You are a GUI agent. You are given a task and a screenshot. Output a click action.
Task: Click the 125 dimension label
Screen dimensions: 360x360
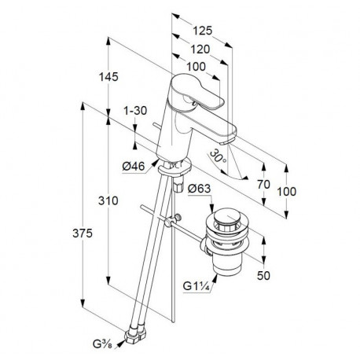point(202,31)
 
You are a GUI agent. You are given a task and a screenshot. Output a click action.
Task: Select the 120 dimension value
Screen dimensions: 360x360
point(200,50)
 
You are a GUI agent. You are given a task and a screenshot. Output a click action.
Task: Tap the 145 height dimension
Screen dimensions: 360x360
point(108,77)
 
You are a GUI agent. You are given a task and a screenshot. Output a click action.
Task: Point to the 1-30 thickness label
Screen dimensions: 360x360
point(135,111)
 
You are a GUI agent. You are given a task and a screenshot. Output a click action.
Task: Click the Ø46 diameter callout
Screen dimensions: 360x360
point(134,166)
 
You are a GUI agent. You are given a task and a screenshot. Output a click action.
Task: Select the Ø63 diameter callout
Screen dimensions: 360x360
point(200,188)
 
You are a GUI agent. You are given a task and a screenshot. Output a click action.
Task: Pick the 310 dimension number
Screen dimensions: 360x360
point(108,201)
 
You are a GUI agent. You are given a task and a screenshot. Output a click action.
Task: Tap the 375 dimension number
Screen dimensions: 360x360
point(83,233)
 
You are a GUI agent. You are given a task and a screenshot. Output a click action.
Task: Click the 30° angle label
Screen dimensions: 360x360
point(218,156)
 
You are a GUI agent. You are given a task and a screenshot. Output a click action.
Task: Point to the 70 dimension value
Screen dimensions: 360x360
point(263,185)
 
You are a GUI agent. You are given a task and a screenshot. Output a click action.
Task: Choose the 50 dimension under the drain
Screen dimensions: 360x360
point(263,275)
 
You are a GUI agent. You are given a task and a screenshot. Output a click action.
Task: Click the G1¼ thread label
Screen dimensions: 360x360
point(197,286)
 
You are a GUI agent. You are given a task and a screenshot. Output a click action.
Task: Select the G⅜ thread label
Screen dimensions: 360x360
point(102,343)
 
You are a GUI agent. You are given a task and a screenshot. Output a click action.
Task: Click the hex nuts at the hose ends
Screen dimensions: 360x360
point(135,333)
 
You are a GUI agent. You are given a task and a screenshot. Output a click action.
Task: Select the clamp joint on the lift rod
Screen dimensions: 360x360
point(172,220)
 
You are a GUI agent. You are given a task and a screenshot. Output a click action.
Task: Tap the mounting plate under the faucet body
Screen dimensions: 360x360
point(174,167)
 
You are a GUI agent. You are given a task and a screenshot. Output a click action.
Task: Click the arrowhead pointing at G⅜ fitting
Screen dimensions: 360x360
point(121,343)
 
